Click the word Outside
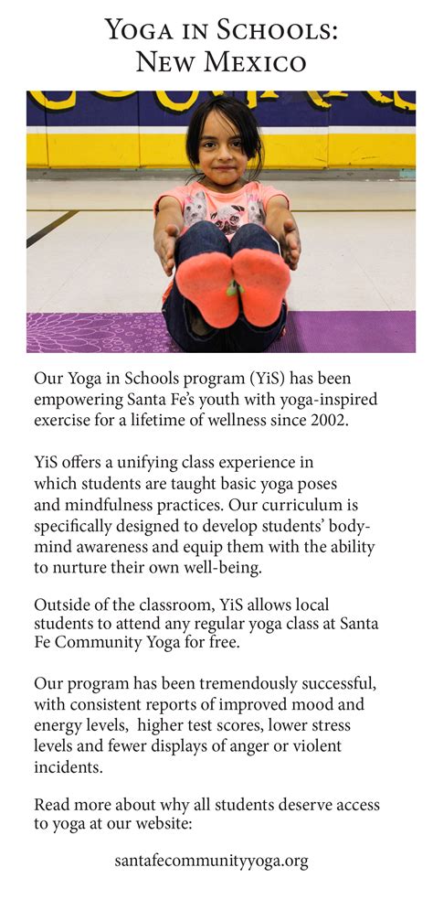tap(62, 605)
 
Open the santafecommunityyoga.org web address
tap(211, 861)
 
